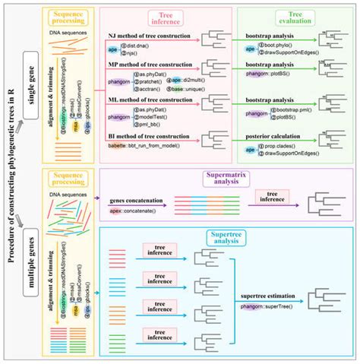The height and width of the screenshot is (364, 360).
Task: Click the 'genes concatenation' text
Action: [134, 197]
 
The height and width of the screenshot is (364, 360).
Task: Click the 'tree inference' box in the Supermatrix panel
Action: [270, 198]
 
